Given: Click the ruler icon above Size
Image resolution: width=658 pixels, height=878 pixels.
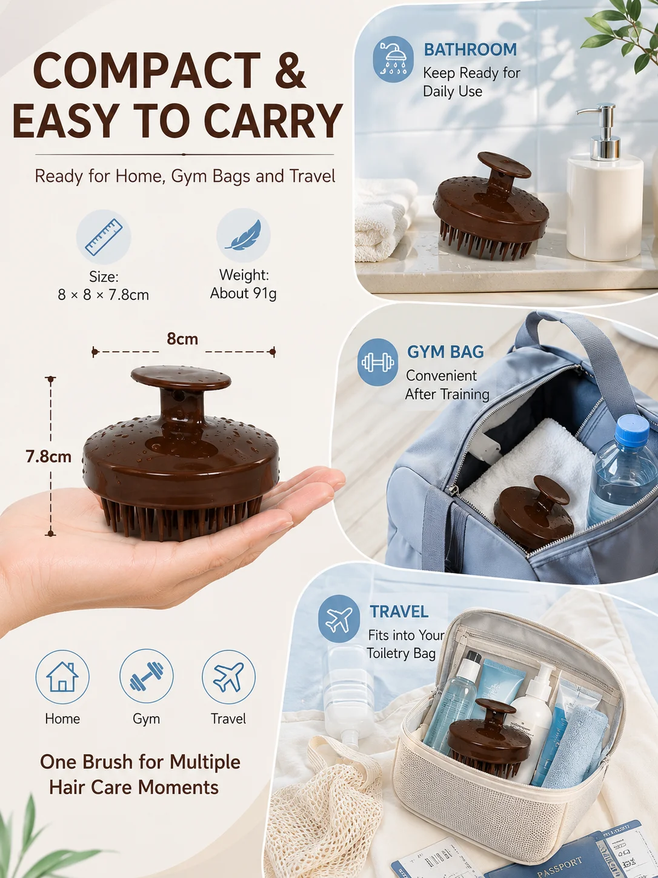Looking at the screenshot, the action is [104, 237].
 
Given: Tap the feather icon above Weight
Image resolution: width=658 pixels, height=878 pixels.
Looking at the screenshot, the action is [244, 235].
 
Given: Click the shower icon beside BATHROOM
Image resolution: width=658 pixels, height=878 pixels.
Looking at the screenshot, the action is [393, 59].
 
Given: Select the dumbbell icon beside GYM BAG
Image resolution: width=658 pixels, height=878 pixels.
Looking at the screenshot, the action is [377, 362].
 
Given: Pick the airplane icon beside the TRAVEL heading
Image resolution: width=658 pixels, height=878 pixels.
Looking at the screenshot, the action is [339, 618].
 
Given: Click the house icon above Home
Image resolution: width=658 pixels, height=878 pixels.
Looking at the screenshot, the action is [62, 677].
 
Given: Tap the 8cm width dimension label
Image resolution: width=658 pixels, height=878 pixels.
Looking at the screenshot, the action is [182, 339].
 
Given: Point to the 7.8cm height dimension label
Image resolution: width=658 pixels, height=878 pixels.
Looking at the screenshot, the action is [48, 457].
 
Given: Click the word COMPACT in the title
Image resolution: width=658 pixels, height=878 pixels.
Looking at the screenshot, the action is [147, 70].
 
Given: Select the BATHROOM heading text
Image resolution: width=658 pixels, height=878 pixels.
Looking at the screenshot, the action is [470, 50].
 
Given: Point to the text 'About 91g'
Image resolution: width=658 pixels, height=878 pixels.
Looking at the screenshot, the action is [244, 293].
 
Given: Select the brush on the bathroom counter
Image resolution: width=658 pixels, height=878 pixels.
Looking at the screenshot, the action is [491, 205].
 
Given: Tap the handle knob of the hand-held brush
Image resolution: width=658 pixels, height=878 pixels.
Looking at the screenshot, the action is [181, 378].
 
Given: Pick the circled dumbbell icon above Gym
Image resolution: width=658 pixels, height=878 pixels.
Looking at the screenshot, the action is [146, 676].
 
